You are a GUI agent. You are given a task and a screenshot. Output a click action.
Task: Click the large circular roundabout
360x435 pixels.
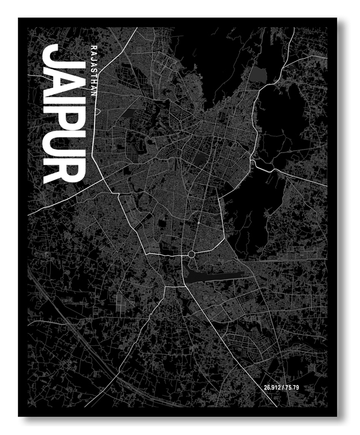(191, 254)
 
